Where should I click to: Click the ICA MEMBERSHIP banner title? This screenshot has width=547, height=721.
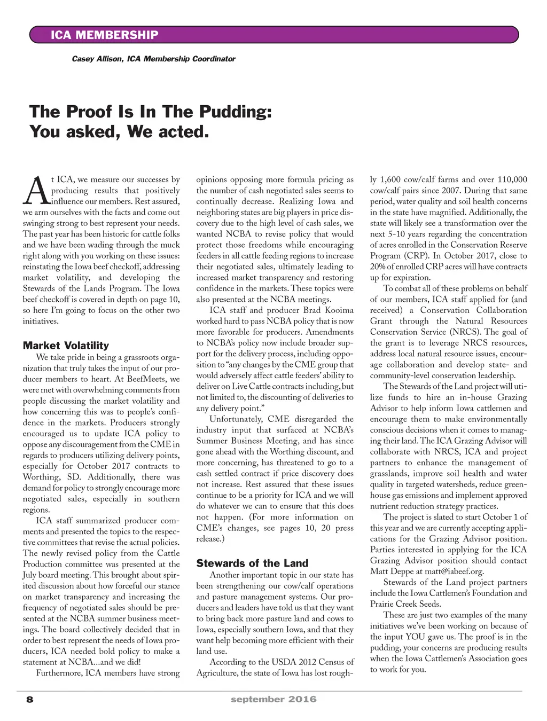point(104,35)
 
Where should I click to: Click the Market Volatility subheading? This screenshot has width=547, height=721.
point(66,346)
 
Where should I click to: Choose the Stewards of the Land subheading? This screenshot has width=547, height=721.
point(252,563)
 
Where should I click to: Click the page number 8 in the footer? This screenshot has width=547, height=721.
point(29,699)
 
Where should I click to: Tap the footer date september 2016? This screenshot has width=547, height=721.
point(273,699)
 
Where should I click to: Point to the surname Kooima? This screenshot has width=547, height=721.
point(338,310)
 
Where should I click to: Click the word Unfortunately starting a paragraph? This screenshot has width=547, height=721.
point(236,419)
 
